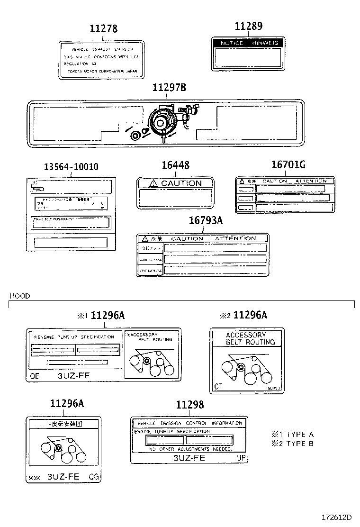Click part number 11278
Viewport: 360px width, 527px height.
pos(103,28)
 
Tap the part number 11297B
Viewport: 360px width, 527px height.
pos(169,88)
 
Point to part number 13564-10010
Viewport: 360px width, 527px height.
pos(71,167)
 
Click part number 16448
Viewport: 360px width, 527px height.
pos(175,165)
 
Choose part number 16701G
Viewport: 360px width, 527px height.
pos(288,165)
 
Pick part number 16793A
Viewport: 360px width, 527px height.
pos(206,220)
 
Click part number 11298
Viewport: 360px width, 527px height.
pos(189,404)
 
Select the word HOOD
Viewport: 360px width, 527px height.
pos(19,296)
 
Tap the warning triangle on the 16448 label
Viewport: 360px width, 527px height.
pos(153,183)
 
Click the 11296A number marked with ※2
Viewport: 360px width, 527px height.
pos(250,315)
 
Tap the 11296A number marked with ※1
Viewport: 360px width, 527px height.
pos(108,315)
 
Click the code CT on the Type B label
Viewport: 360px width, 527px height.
pos(218,386)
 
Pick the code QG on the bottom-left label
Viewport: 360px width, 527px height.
pos(93,477)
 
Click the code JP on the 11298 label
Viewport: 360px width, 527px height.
pos(241,458)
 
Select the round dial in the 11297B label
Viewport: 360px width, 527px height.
pos(161,122)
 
